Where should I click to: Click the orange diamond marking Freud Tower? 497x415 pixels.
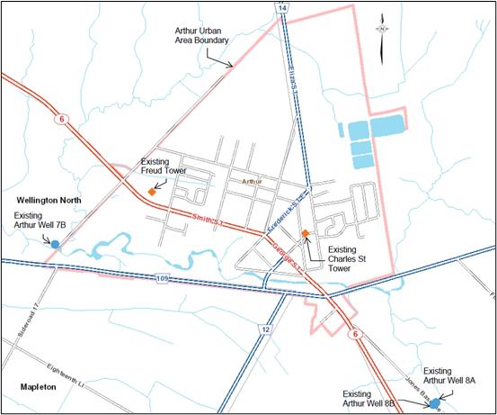pos(153,192)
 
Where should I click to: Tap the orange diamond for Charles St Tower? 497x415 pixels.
pos(306,234)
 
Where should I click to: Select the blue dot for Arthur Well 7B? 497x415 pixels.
pos(55,244)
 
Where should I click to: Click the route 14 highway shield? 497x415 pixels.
pos(283,8)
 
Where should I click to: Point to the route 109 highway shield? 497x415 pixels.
pos(162,279)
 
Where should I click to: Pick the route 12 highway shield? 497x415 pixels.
pos(266,330)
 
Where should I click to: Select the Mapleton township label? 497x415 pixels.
pos(39,386)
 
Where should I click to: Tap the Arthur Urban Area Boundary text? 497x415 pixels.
pos(202,35)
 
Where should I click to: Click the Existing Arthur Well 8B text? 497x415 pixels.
pos(371,399)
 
